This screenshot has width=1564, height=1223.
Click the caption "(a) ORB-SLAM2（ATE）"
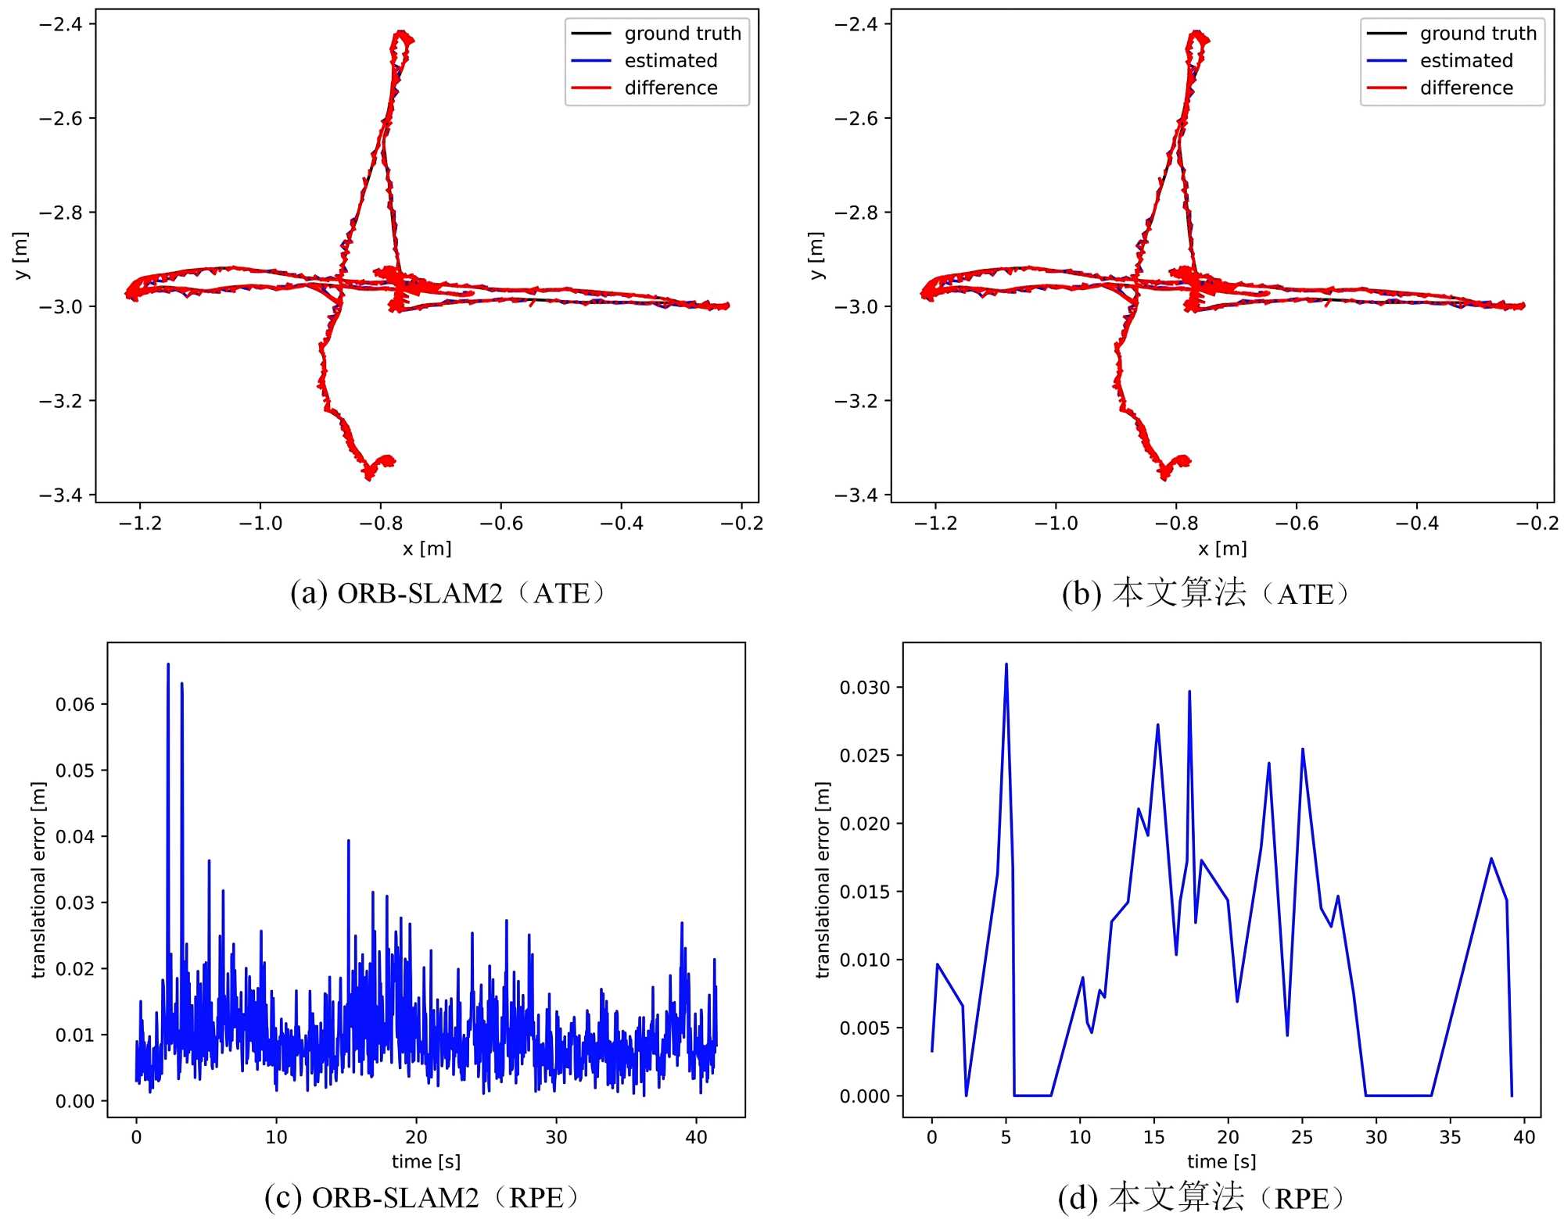pyautogui.click(x=450, y=594)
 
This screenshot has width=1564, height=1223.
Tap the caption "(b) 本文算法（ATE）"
pyautogui.click(x=1208, y=594)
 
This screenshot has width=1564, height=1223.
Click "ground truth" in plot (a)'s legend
pyautogui.click(x=682, y=34)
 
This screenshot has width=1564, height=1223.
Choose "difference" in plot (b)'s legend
pyautogui.click(x=1466, y=88)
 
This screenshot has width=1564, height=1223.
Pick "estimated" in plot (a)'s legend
pyautogui.click(x=670, y=61)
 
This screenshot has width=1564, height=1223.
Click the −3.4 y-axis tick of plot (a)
pyautogui.click(x=60, y=495)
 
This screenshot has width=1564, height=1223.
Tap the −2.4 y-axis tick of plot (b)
pyautogui.click(x=856, y=24)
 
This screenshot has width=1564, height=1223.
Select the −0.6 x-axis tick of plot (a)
pyautogui.click(x=500, y=523)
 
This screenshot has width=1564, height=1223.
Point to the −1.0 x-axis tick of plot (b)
pyautogui.click(x=1056, y=523)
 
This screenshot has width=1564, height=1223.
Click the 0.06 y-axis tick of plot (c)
pyautogui.click(x=75, y=704)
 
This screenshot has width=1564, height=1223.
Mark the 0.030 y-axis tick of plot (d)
pyautogui.click(x=864, y=688)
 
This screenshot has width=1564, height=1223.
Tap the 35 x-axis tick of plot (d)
pyautogui.click(x=1450, y=1137)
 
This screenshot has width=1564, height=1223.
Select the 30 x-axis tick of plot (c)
pyautogui.click(x=556, y=1137)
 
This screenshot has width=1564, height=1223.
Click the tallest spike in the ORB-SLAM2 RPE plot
pyautogui.click(x=168, y=665)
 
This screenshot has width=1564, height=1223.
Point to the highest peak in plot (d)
pyautogui.click(x=1006, y=664)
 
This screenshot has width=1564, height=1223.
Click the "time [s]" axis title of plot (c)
pyautogui.click(x=425, y=1161)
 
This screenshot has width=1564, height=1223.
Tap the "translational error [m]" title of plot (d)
pyautogui.click(x=822, y=879)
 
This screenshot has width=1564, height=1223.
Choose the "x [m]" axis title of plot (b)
pyautogui.click(x=1222, y=549)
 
